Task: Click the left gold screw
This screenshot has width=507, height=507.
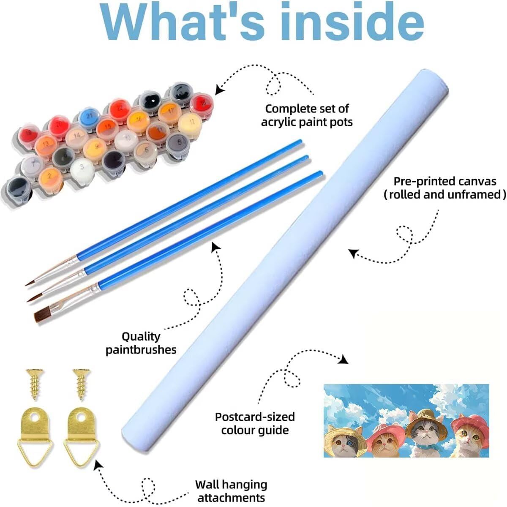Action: click(x=35, y=384)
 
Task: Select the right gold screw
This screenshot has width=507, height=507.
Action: click(x=82, y=384)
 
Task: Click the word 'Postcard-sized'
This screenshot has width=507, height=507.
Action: click(x=255, y=417)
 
